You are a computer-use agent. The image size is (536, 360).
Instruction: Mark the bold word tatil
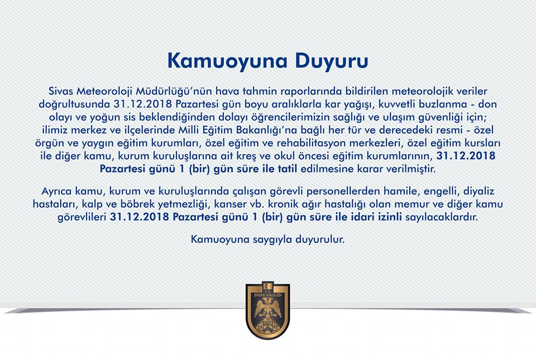click(288, 168)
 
